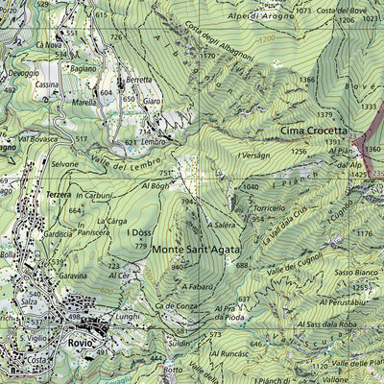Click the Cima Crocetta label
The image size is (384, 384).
click(313, 130)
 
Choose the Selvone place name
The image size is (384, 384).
click(65, 164)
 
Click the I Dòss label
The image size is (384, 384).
click(143, 232)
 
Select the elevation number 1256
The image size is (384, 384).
click(300, 151)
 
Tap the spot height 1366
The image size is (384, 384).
click(307, 79)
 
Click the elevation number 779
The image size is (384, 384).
click(142, 246)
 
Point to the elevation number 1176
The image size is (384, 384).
click(364, 233)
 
